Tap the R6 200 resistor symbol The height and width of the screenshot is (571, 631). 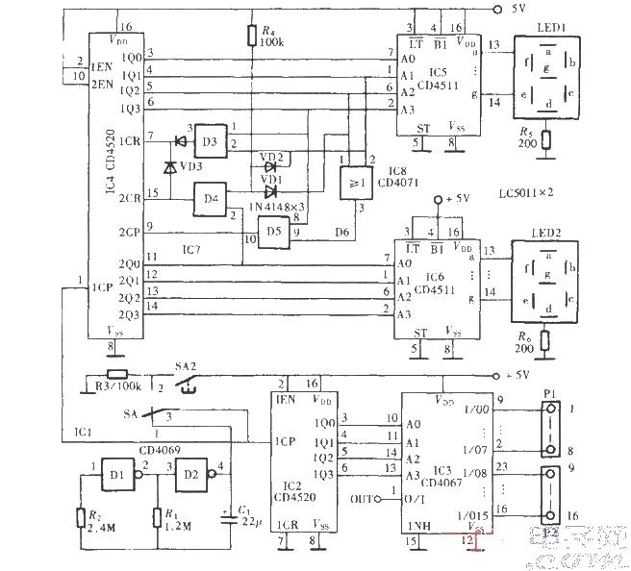[x=545, y=341]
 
